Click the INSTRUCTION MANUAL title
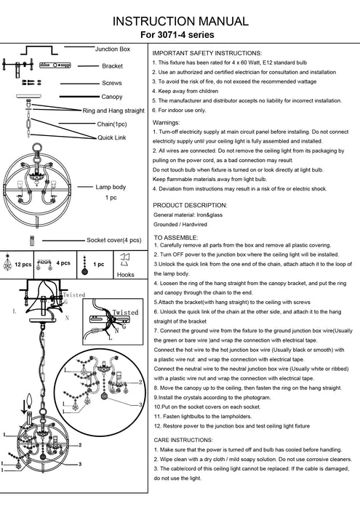(x=180, y=21)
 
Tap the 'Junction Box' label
(x=113, y=49)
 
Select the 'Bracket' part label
(x=112, y=66)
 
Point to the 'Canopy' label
(x=112, y=97)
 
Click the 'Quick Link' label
(x=112, y=137)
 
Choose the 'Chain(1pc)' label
(x=112, y=124)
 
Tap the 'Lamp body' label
(x=111, y=187)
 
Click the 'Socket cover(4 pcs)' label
(x=114, y=240)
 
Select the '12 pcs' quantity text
(x=23, y=264)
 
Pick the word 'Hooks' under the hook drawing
(x=126, y=275)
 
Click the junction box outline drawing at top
(x=39, y=50)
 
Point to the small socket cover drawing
(x=32, y=241)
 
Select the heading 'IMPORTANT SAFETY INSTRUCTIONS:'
(x=207, y=53)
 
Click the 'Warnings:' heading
(x=167, y=123)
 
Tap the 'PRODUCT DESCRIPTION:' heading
(x=191, y=205)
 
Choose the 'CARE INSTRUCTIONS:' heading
(x=183, y=440)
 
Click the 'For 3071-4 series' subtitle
(x=177, y=35)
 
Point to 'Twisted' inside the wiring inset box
(x=125, y=312)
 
